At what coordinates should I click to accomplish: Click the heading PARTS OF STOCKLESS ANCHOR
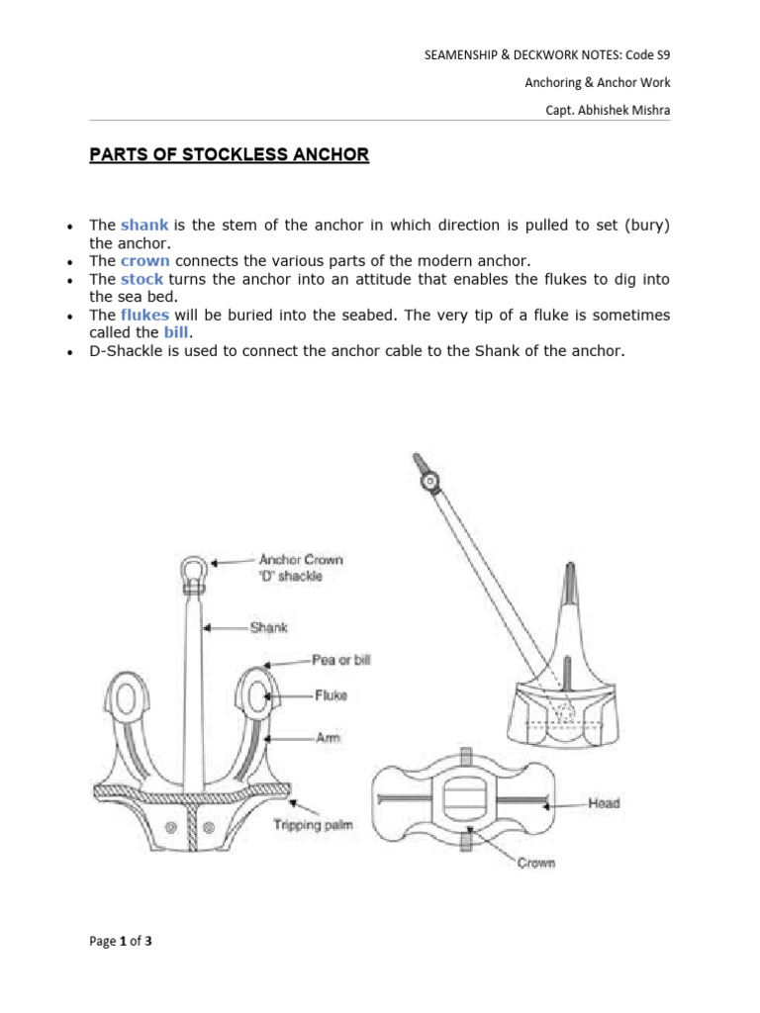coord(230,155)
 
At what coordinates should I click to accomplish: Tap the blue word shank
coord(144,225)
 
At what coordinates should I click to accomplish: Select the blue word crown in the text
coord(145,261)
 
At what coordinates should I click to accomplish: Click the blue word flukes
coord(146,315)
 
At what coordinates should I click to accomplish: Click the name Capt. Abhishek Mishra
coord(608,110)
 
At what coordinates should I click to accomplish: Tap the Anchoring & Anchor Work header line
coord(597,83)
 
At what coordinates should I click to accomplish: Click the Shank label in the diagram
coord(268,627)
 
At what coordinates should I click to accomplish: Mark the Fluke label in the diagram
coord(331,695)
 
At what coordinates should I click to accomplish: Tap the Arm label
coord(328,737)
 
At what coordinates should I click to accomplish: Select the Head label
coord(603,802)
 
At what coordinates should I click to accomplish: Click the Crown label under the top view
coord(536,863)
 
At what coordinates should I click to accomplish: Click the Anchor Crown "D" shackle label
coord(301,567)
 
